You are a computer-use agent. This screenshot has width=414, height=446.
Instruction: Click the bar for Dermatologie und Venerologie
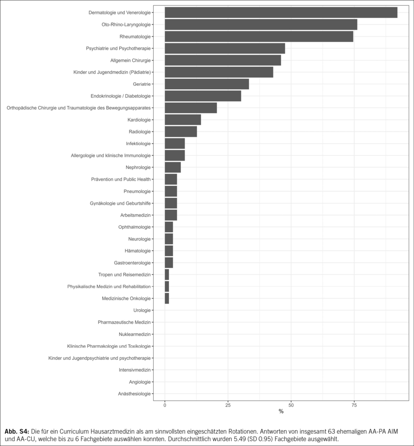click(281, 13)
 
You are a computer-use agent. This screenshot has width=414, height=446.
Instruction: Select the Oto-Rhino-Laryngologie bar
click(261, 25)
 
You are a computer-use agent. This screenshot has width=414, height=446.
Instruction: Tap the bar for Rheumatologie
click(259, 37)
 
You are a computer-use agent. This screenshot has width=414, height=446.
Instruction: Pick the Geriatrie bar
click(207, 84)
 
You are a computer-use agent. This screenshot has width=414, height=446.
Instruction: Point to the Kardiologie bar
click(183, 120)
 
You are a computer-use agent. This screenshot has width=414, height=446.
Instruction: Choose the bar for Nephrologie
click(173, 167)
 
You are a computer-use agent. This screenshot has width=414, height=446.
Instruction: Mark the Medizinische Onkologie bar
click(167, 298)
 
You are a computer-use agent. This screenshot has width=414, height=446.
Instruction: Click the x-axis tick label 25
click(228, 405)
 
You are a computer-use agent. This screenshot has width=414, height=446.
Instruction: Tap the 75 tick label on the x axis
click(354, 405)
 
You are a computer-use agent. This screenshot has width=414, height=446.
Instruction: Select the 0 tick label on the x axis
click(165, 405)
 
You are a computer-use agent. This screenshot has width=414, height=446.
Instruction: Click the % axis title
click(281, 412)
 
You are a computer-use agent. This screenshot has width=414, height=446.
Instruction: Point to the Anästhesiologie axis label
click(134, 394)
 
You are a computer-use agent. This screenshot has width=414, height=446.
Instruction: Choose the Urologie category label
click(142, 310)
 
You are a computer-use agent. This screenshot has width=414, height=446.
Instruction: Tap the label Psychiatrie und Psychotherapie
click(118, 48)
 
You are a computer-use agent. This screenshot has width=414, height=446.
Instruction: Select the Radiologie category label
click(140, 132)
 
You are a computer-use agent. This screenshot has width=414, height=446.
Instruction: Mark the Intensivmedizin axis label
click(135, 370)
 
